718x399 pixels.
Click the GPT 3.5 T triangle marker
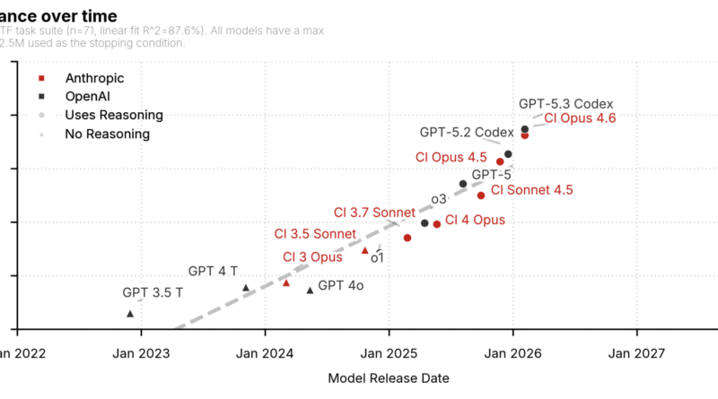click(x=130, y=314)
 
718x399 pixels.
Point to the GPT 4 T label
click(x=213, y=271)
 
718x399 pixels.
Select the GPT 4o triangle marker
click(x=311, y=290)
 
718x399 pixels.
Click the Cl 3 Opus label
click(x=312, y=257)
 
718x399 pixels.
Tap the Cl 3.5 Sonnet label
click(x=315, y=234)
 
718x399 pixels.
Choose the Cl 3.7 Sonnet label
click(x=374, y=213)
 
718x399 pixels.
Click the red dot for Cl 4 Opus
click(x=437, y=224)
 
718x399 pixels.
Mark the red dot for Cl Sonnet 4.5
click(x=481, y=195)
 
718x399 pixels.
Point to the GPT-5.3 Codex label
click(x=565, y=104)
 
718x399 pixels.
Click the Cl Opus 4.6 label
click(x=580, y=118)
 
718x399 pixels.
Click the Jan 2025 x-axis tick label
click(x=389, y=353)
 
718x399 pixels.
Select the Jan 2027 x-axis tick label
click(x=636, y=353)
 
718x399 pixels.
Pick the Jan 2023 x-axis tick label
click(x=140, y=353)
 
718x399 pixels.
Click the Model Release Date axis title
click(x=388, y=378)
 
